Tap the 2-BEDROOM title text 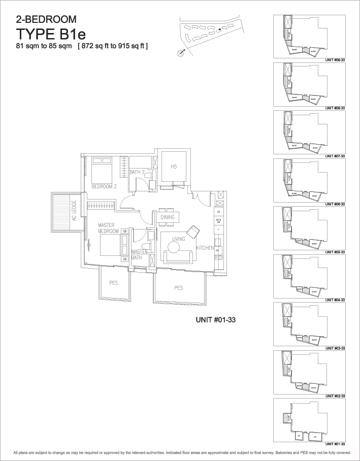click(x=46, y=20)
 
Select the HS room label click(x=173, y=167)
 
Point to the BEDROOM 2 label click(x=104, y=187)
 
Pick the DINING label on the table click(x=168, y=217)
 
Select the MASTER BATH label click(x=139, y=254)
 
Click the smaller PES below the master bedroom click(x=113, y=283)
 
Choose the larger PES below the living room click(x=178, y=288)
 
